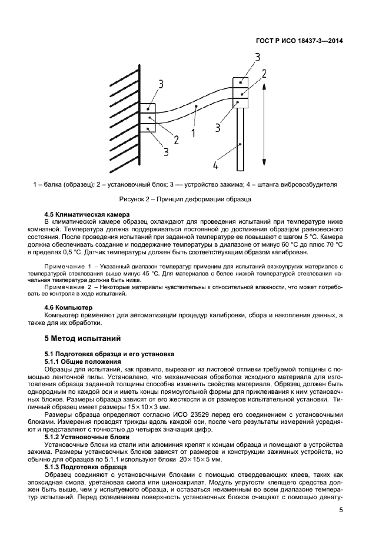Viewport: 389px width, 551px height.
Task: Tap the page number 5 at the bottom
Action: pyautogui.click(x=341, y=511)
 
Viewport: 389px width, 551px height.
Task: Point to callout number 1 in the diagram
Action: pyautogui.click(x=192, y=133)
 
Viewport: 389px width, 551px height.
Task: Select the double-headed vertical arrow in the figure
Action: pyautogui.click(x=265, y=124)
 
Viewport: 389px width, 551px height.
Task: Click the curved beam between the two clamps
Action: pyautogui.click(x=194, y=109)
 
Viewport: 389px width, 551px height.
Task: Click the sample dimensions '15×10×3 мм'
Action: pyautogui.click(x=145, y=407)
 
